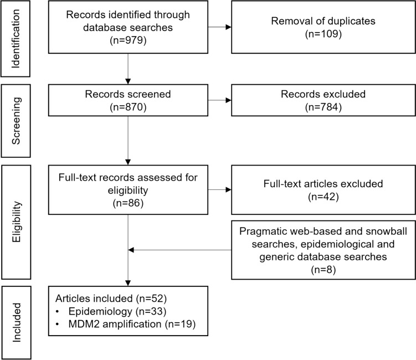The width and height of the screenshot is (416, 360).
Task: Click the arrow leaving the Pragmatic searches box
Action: [x=177, y=249]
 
